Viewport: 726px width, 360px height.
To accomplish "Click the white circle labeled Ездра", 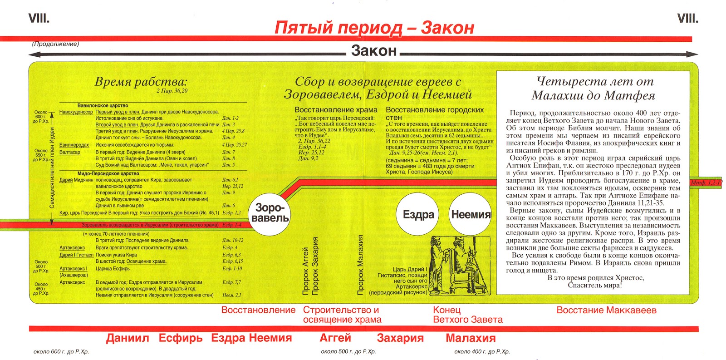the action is point(418,215).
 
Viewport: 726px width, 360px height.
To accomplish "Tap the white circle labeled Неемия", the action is point(471,215).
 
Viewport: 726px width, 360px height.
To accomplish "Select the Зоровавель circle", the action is point(270,213).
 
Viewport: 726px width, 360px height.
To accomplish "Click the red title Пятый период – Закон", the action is point(374,28).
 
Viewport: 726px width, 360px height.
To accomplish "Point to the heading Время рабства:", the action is point(141,82).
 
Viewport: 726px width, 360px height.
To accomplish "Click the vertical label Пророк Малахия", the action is point(361,265).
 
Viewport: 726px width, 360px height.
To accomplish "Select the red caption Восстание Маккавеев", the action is point(606,310).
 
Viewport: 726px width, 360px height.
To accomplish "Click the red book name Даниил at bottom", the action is point(128,338).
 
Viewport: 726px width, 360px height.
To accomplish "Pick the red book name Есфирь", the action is point(181,338).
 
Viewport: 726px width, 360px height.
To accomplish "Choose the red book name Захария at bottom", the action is point(400,338).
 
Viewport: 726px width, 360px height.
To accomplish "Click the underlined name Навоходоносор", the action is point(76,112).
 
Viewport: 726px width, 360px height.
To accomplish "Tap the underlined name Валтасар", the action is point(70,152).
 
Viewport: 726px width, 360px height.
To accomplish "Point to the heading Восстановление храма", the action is point(336,110).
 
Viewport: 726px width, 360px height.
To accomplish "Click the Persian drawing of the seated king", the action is point(459,266).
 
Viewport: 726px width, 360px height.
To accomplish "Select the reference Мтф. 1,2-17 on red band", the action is point(706,182).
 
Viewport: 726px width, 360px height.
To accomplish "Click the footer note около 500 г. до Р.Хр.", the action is point(348,351).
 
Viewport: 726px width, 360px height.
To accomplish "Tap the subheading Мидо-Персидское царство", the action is point(108,173).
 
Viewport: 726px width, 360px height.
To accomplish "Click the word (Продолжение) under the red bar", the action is point(55,44).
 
